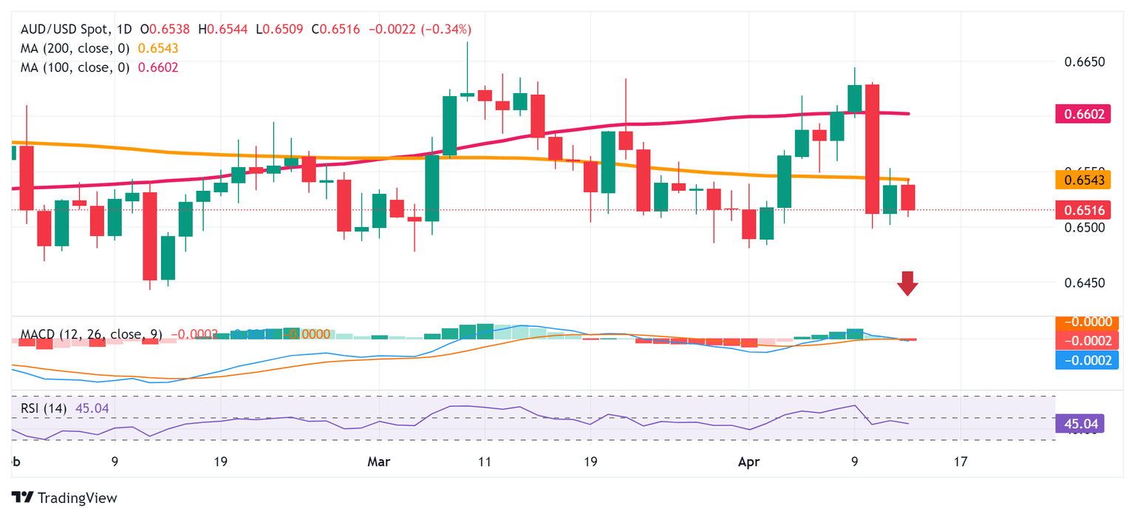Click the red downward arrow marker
coord(907,283)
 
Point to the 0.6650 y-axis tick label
coord(1084,61)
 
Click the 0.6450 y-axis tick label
coord(1084,283)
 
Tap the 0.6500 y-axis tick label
coord(1084,228)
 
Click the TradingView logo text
coord(77,498)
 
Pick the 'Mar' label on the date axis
coord(379,462)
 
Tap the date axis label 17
coord(960,462)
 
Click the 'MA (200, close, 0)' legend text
coord(75,48)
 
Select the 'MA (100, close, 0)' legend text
coord(75,67)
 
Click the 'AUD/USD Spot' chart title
coord(65,30)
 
